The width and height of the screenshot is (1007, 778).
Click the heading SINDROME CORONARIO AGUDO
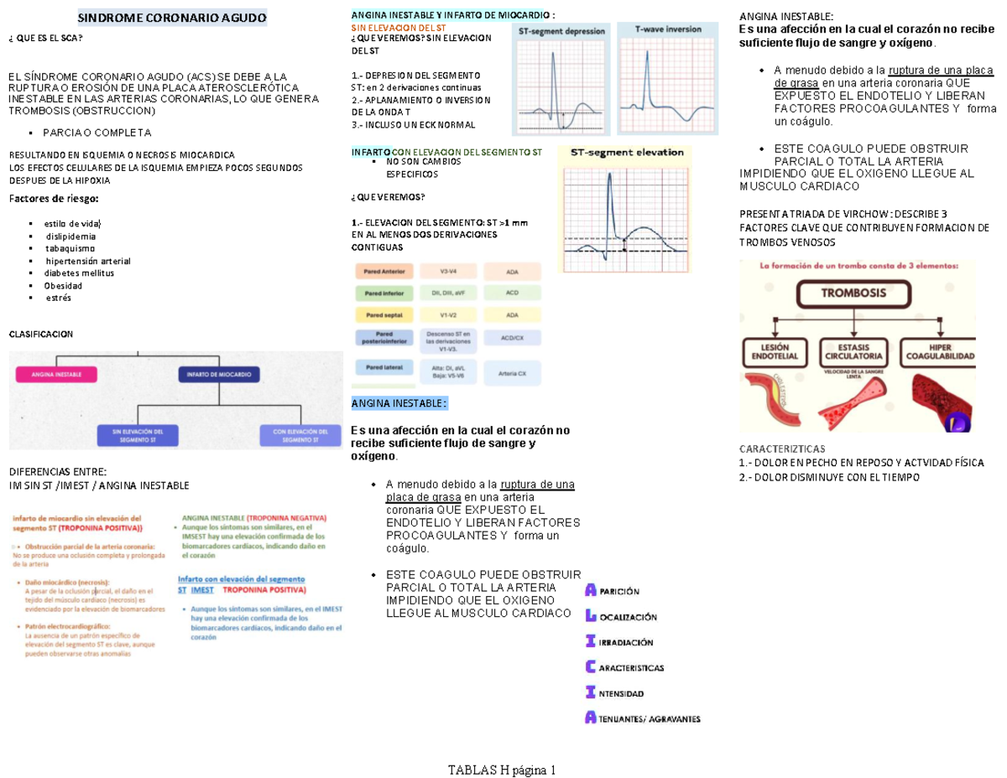coord(171,17)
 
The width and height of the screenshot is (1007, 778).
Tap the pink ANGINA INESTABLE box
coord(57,375)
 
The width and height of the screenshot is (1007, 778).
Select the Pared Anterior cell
coord(385,272)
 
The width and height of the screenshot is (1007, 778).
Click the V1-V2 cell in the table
coord(448,315)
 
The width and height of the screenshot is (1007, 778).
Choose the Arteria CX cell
coord(512,373)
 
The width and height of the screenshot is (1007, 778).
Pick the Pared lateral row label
coord(384,367)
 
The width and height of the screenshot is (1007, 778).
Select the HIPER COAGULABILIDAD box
coord(937,351)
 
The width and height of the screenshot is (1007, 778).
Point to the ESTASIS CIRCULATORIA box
coord(855,351)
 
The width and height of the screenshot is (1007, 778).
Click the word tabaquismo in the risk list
coord(70,248)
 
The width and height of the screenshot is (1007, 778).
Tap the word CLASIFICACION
coord(40,334)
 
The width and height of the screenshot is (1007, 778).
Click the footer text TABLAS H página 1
coord(503,770)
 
